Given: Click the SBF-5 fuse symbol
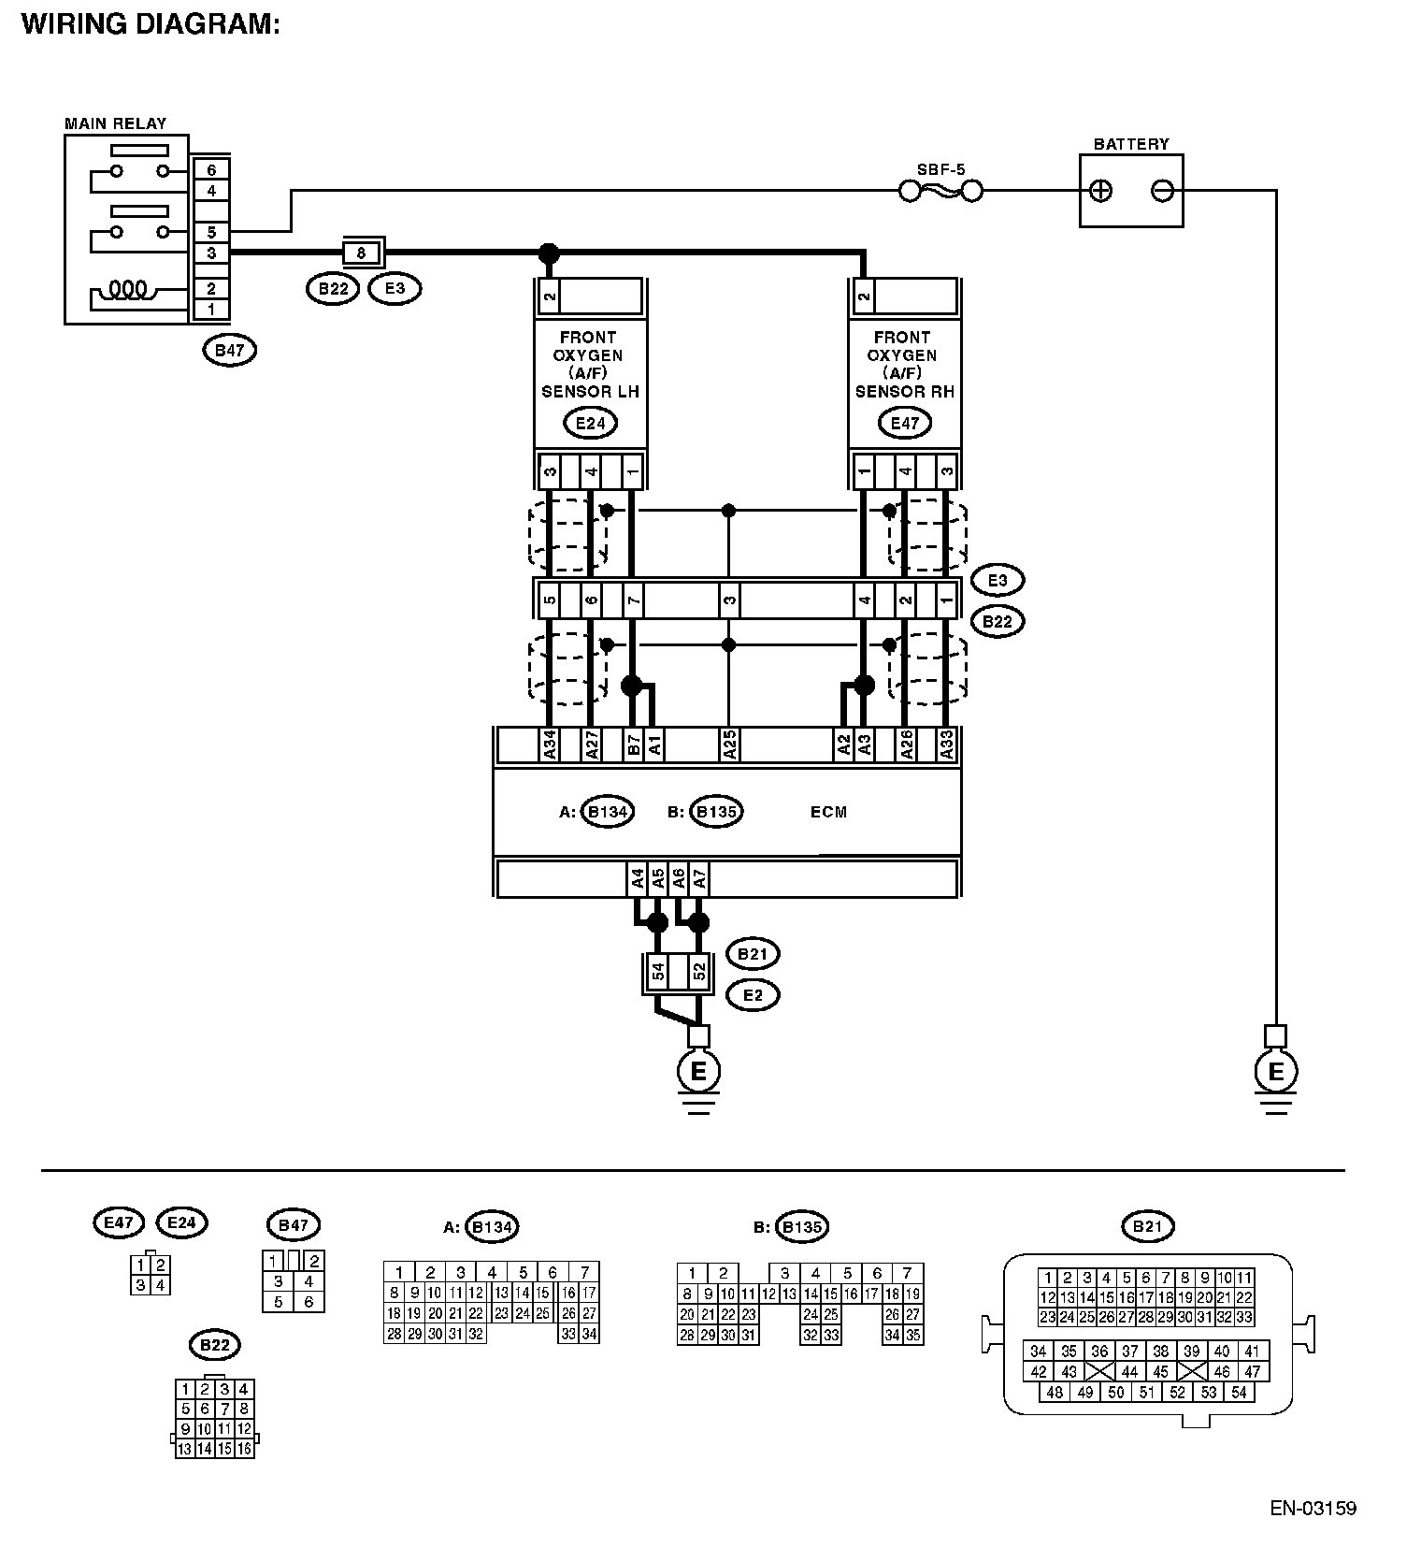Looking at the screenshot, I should click(940, 192).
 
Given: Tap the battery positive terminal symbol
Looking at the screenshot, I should click(1101, 191).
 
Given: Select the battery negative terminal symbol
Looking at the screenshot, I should click(1162, 191).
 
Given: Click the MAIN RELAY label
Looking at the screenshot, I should click(115, 123).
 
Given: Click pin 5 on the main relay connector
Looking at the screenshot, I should click(212, 232).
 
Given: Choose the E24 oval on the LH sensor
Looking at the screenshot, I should click(590, 423).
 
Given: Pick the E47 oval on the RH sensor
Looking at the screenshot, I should click(904, 423).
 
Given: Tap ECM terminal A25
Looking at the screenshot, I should click(729, 745).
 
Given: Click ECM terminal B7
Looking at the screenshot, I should click(633, 745).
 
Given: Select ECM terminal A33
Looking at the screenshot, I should click(947, 745).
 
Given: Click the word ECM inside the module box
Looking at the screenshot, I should click(828, 812).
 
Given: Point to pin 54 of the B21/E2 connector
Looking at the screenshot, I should click(658, 973).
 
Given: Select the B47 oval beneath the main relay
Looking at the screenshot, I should click(229, 351).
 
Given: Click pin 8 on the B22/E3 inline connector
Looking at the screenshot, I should click(361, 253).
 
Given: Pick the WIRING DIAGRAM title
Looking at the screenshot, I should click(151, 23).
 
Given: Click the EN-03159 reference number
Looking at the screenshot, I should click(1313, 1508).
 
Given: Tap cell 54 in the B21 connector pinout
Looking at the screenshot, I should click(1239, 1392).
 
